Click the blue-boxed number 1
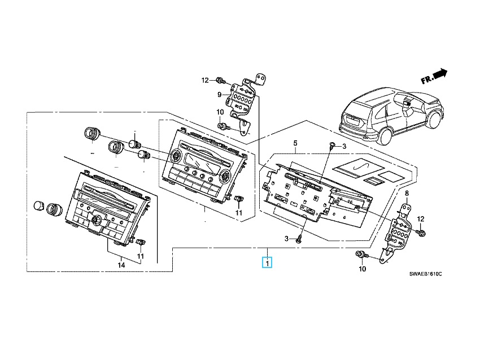pyautogui.click(x=267, y=263)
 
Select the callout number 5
pyautogui.click(x=295, y=143)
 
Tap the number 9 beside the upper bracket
pyautogui.click(x=219, y=95)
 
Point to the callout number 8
pyautogui.click(x=407, y=193)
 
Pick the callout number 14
pyautogui.click(x=121, y=265)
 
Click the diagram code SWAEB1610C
pyautogui.click(x=426, y=274)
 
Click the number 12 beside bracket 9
pyautogui.click(x=205, y=81)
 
